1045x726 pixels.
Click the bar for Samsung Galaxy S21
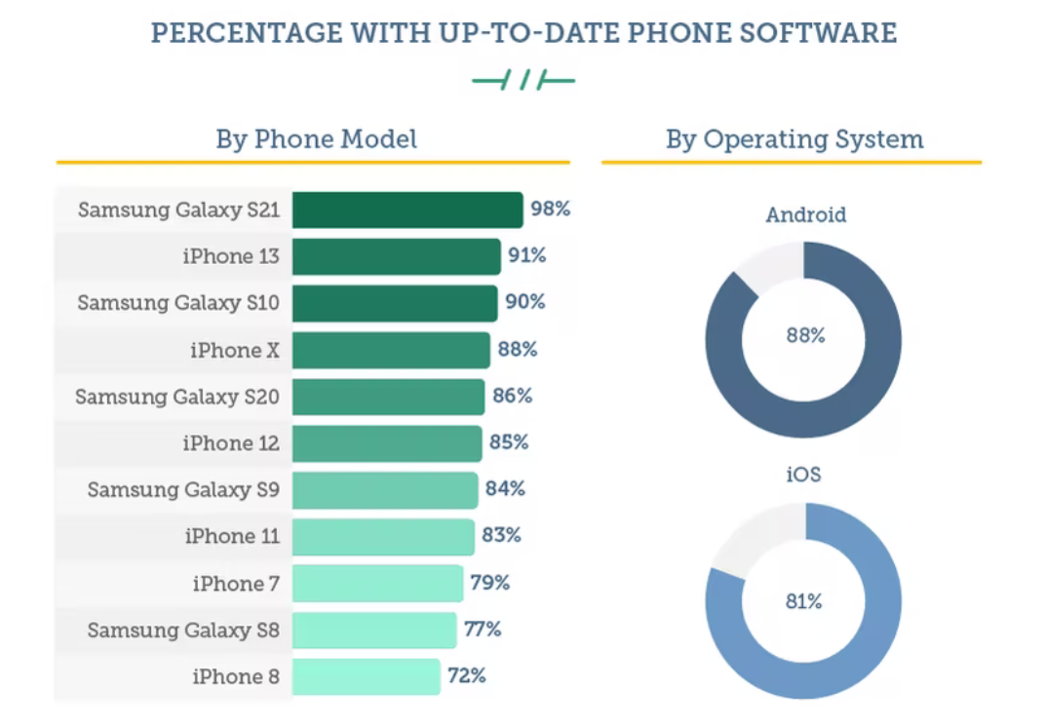(407, 210)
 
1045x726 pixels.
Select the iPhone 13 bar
(396, 256)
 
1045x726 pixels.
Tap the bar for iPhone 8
(366, 676)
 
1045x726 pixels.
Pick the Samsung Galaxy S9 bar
(385, 489)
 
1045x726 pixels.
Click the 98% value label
(550, 209)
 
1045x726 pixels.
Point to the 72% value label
(466, 675)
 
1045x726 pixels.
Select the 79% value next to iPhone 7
(489, 583)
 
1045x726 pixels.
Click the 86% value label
(512, 396)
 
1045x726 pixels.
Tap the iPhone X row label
(235, 350)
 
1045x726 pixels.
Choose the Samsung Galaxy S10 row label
(178, 303)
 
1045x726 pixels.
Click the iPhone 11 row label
(232, 536)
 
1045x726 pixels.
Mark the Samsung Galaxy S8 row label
(183, 630)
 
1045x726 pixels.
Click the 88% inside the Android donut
(805, 335)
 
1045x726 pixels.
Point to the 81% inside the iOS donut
(804, 601)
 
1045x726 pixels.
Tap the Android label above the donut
(805, 214)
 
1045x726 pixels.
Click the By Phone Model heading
(316, 139)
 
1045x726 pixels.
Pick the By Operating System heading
(794, 139)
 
